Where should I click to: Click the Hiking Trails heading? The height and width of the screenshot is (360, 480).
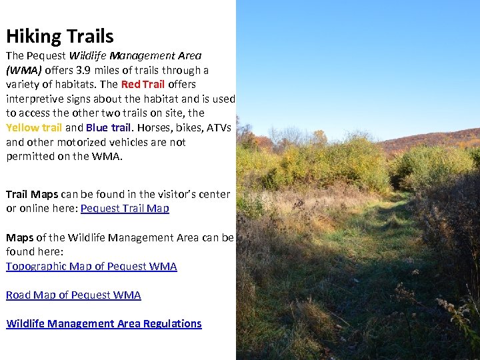click(60, 36)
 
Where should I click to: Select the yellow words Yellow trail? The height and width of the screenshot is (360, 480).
click(34, 127)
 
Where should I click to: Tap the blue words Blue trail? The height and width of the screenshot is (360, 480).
click(108, 127)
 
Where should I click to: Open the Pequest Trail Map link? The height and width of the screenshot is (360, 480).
click(125, 208)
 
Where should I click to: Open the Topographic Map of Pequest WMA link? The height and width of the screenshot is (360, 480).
click(91, 266)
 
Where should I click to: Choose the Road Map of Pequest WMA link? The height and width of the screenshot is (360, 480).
click(73, 295)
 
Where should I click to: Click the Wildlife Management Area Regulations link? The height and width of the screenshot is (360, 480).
click(104, 323)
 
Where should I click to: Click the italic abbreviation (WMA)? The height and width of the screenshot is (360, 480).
click(23, 70)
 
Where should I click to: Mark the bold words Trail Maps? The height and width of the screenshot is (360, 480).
click(32, 194)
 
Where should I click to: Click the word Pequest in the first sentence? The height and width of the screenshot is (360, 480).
click(47, 56)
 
